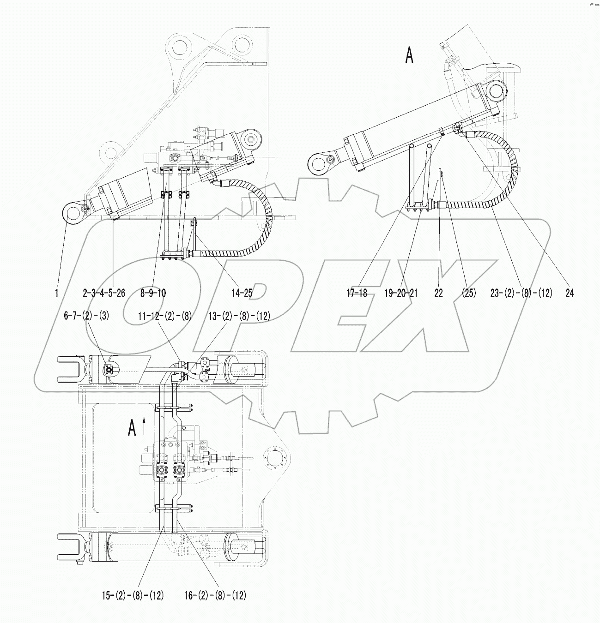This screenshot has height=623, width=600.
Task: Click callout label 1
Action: tap(56, 293)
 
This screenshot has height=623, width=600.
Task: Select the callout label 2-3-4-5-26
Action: tap(104, 293)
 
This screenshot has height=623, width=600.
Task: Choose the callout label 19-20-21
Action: tap(401, 293)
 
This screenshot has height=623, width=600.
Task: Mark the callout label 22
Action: tap(438, 293)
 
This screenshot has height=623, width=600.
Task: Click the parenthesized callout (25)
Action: tap(468, 293)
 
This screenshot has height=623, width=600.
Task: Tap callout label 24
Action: tap(570, 293)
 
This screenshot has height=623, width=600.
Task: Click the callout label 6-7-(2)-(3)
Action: tap(86, 316)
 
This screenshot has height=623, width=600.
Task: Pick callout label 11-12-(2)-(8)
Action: tap(165, 316)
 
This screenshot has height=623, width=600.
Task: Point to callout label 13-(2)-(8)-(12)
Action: tap(239, 316)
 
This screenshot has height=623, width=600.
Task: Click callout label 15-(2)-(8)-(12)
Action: tap(133, 595)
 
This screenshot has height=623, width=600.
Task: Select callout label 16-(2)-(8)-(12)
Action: tap(215, 595)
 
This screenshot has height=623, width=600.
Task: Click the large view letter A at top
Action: tap(409, 56)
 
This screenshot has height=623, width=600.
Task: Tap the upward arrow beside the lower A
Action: tap(145, 426)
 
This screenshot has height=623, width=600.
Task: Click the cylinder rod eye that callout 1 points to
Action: tap(72, 213)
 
